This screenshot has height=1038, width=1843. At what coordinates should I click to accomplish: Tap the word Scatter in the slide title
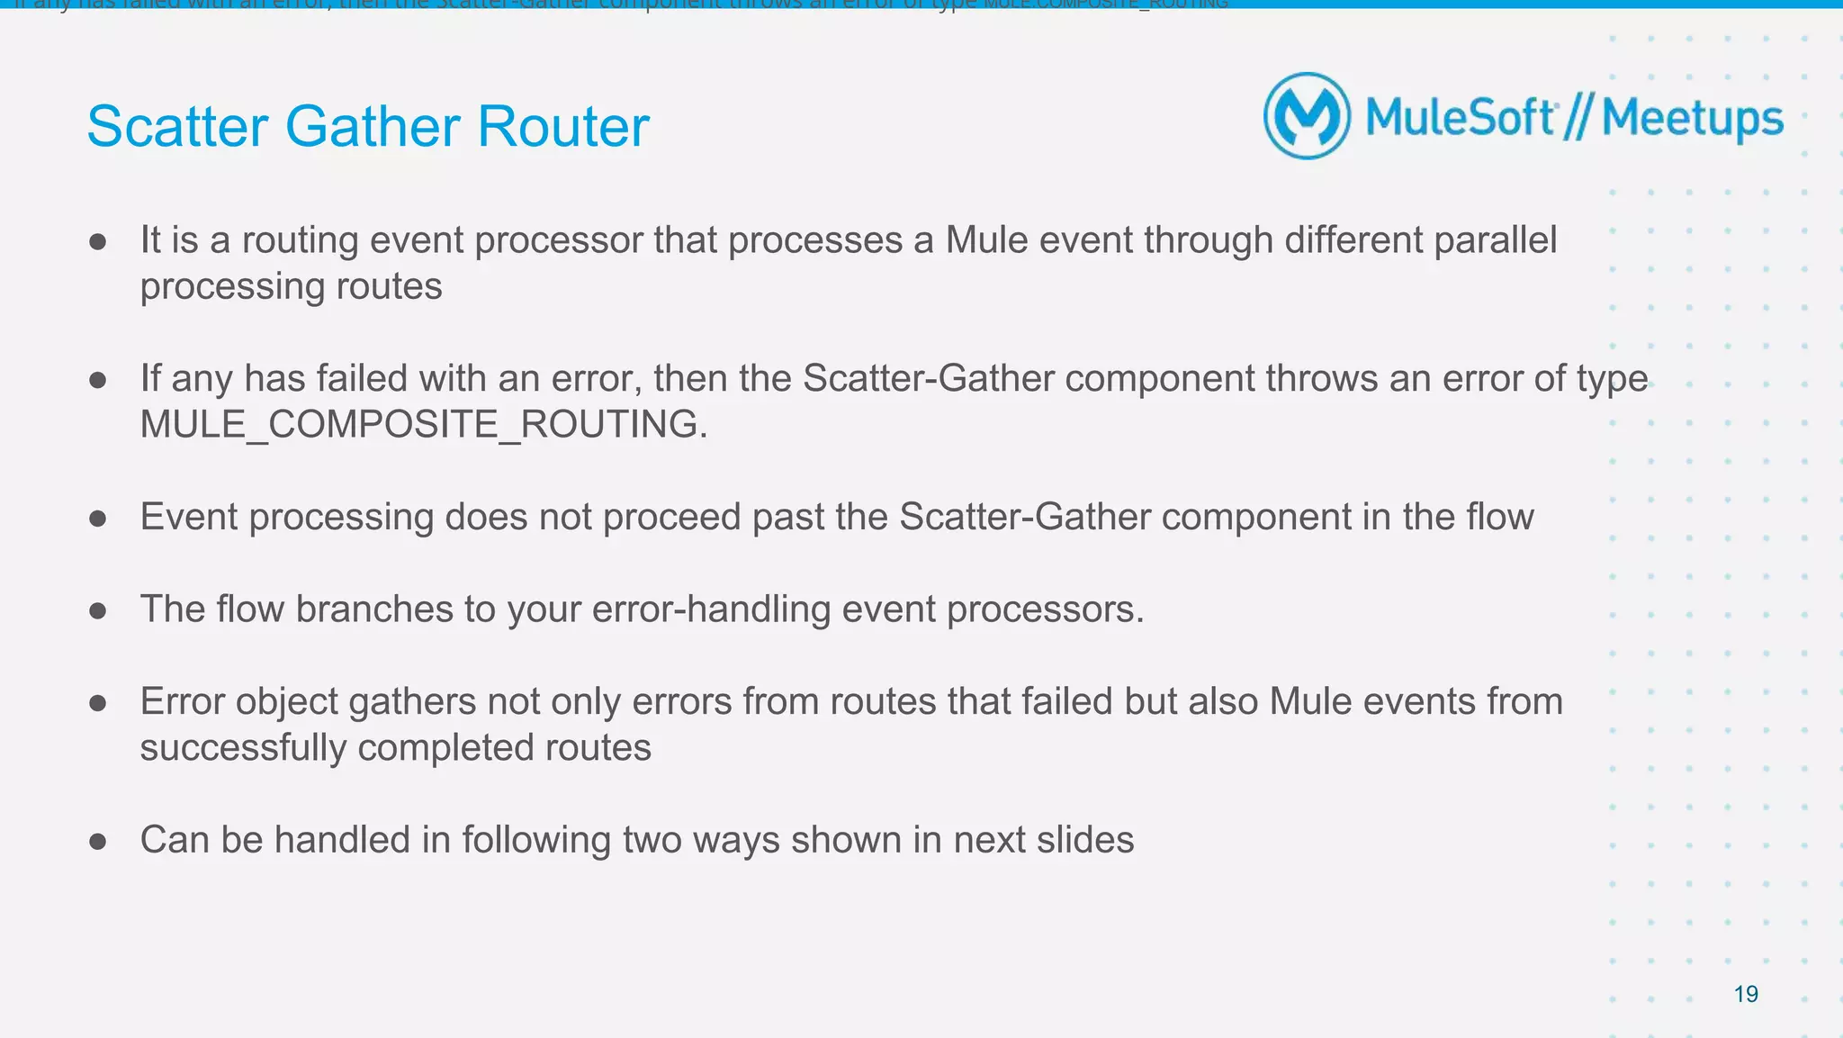point(177,126)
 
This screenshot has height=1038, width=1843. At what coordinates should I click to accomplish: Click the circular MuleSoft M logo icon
point(1307,116)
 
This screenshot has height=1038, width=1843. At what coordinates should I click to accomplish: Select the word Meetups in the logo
point(1692,119)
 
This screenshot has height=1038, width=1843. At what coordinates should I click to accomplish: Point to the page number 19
point(1745,994)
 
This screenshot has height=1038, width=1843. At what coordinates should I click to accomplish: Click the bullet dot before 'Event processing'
point(98,518)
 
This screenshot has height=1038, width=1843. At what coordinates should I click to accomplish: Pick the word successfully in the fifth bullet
point(242,748)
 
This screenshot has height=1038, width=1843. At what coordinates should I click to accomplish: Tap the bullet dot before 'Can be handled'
point(98,842)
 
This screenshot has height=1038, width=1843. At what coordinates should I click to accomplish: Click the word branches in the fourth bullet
point(373,609)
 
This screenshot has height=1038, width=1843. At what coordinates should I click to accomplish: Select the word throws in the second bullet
point(1322,378)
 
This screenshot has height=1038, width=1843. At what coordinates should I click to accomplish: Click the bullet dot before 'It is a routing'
point(98,241)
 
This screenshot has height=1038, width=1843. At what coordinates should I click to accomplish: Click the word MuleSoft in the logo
point(1459,118)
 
